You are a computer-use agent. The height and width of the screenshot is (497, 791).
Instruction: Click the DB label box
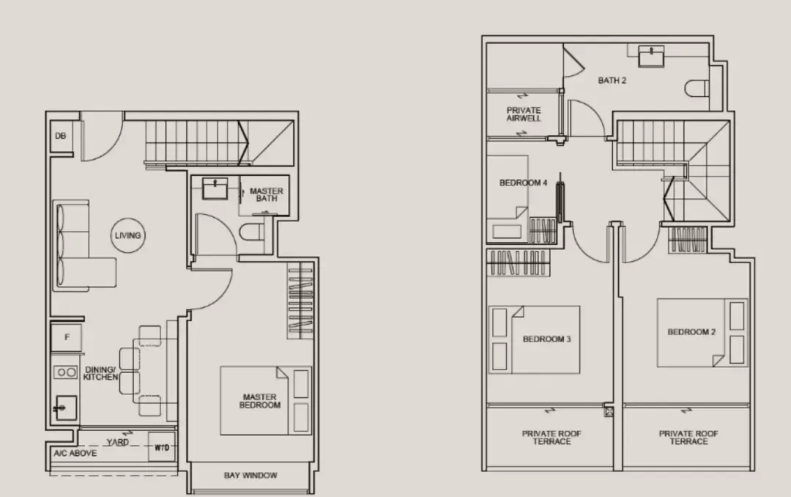[61, 136]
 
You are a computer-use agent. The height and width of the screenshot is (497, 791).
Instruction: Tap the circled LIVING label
[127, 235]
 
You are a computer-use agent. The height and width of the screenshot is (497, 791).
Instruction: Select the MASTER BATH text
[267, 195]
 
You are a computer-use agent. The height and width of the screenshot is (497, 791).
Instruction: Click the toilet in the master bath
[252, 232]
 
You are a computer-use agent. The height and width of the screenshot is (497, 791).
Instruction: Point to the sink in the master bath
[215, 188]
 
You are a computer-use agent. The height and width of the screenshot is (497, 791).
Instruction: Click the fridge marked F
[66, 337]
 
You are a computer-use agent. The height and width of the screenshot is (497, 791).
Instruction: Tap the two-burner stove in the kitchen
[65, 372]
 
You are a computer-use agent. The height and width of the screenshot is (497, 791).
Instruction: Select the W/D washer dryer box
[161, 447]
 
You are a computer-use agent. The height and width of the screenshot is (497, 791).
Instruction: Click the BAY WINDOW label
[250, 475]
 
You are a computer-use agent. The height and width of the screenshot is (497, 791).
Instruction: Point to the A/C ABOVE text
[75, 453]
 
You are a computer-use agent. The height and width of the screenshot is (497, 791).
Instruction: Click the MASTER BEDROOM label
[260, 401]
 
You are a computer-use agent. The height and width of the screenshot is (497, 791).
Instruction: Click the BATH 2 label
[612, 81]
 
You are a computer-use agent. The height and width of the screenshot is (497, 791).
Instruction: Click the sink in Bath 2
[651, 56]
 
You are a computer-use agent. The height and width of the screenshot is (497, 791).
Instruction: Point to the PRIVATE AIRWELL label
[524, 114]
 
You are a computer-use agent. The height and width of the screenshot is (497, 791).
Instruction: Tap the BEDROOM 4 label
[523, 183]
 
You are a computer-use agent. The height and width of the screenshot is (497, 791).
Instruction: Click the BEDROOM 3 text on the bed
[547, 339]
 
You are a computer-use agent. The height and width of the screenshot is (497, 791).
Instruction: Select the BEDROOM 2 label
[691, 332]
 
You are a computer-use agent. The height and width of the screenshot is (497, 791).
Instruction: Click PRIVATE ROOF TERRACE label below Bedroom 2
[688, 438]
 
